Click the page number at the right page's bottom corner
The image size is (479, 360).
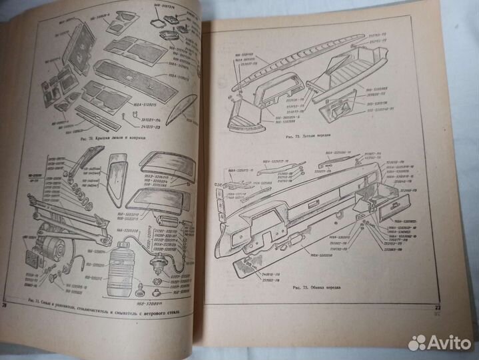pyautogui.click(x=440, y=307)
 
